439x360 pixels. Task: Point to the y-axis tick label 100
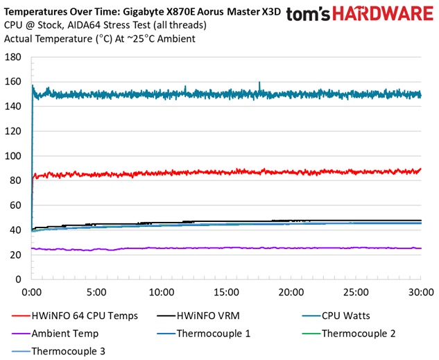click(x=14, y=156)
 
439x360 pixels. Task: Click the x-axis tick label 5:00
click(x=96, y=292)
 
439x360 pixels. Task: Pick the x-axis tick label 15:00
click(x=226, y=292)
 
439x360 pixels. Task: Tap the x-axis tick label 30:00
click(x=421, y=292)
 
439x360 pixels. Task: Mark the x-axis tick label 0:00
click(x=32, y=292)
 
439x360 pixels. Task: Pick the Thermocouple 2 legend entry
click(x=358, y=333)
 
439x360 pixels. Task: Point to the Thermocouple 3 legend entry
click(x=68, y=351)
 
